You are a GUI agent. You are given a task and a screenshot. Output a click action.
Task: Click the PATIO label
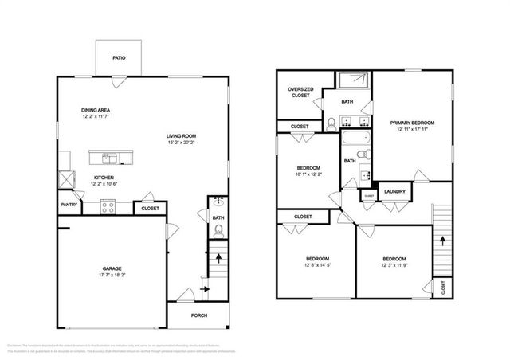coord(119,57)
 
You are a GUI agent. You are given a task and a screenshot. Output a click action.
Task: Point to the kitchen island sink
coord(112,156)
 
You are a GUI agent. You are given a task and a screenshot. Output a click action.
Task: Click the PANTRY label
coord(69,204)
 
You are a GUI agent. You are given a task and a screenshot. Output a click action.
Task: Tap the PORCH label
coord(199,315)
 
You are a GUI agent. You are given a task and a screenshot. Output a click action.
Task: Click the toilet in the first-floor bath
coord(218,232)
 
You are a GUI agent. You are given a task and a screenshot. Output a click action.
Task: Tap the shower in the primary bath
coord(352,80)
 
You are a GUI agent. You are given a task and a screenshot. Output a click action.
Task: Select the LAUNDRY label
coord(394,192)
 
